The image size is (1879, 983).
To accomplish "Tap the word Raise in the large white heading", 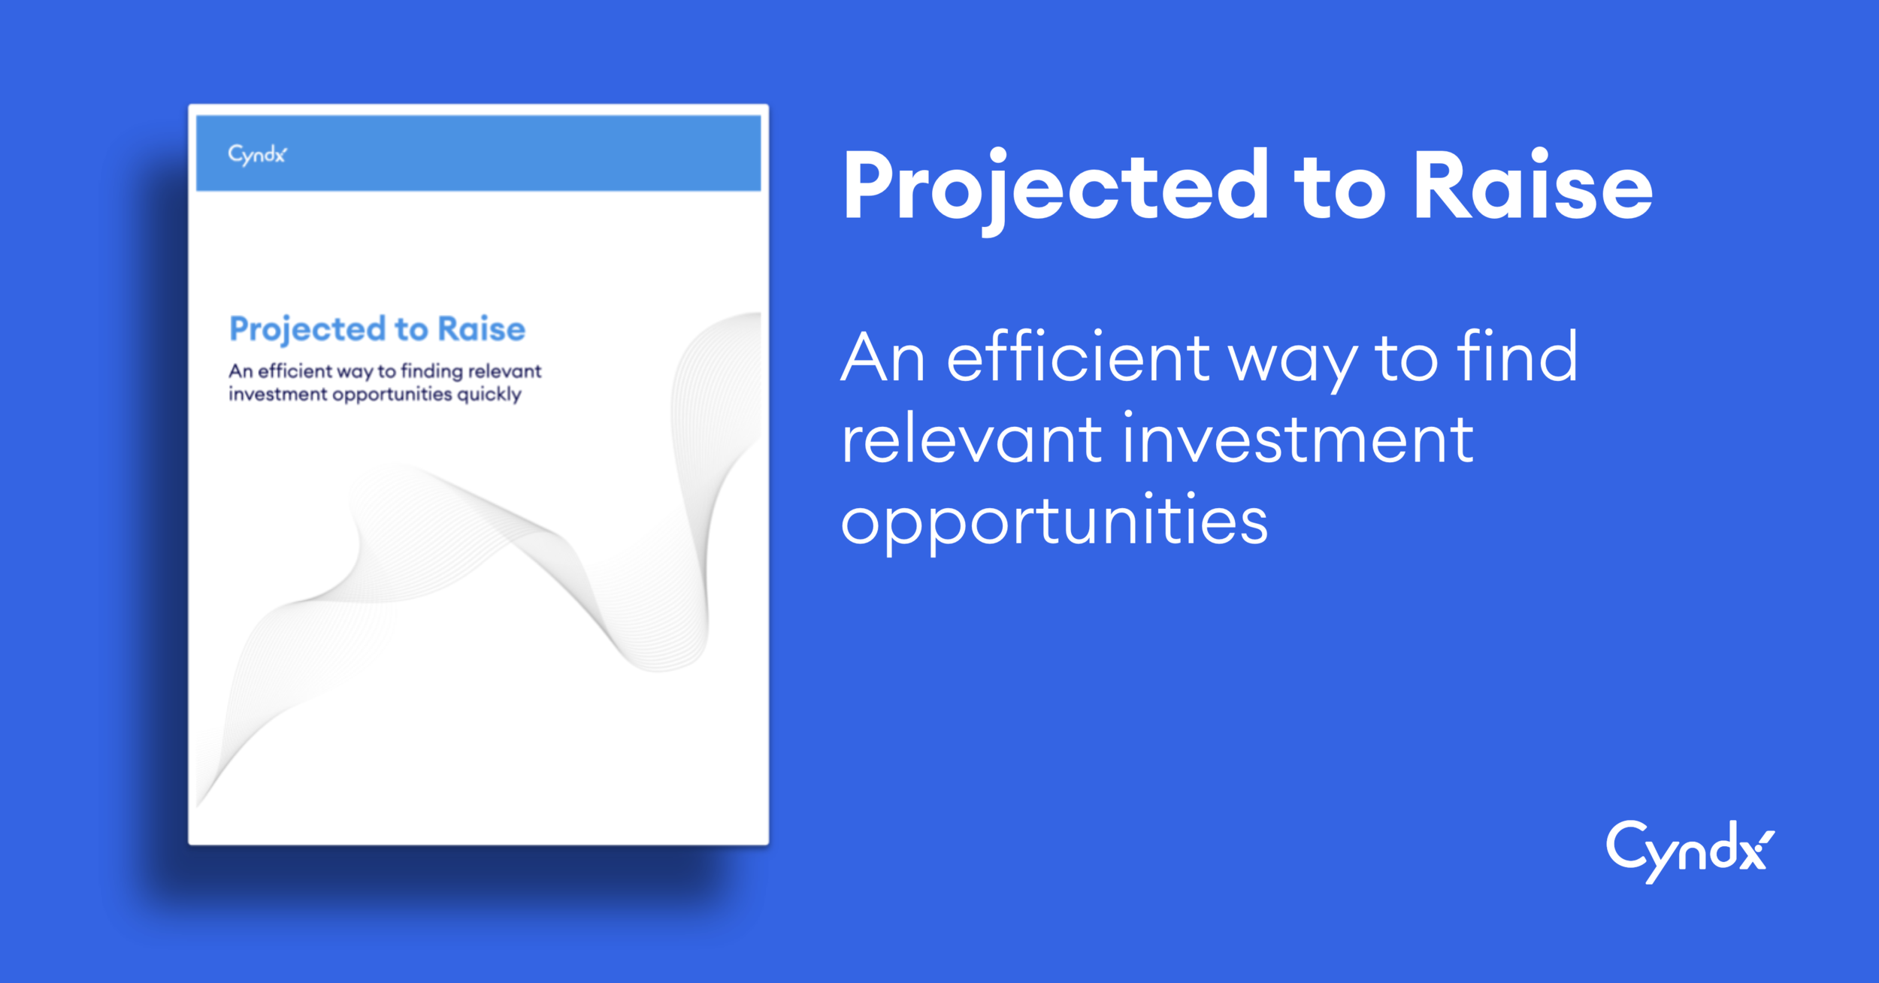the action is click(1533, 184).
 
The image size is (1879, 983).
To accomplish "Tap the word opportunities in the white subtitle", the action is click(1054, 523).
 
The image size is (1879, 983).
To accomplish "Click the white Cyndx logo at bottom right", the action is click(1690, 851).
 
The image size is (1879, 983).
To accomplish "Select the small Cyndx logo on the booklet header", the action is click(257, 155).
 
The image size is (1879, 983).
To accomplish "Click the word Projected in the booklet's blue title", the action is click(307, 330).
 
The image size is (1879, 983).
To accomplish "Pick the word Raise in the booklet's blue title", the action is click(482, 329).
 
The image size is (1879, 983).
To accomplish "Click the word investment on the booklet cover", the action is click(278, 395).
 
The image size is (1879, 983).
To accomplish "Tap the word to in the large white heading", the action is click(1339, 191).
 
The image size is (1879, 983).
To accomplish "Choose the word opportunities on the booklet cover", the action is click(392, 395).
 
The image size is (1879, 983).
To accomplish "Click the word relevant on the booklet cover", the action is click(505, 371).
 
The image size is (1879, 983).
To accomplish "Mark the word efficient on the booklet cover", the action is click(295, 371).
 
